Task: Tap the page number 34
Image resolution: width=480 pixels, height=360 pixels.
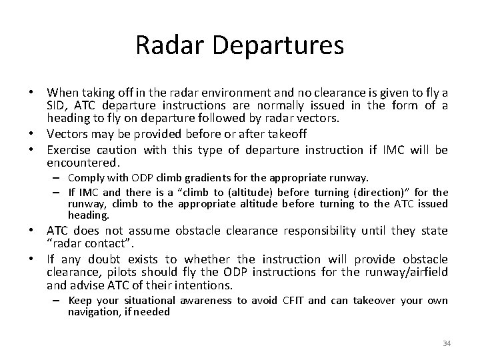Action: tap(447, 343)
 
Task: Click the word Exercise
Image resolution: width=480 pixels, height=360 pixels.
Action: tap(69, 149)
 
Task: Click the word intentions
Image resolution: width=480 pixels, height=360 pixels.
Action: tap(205, 285)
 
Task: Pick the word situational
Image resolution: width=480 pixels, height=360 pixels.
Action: tap(151, 301)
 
